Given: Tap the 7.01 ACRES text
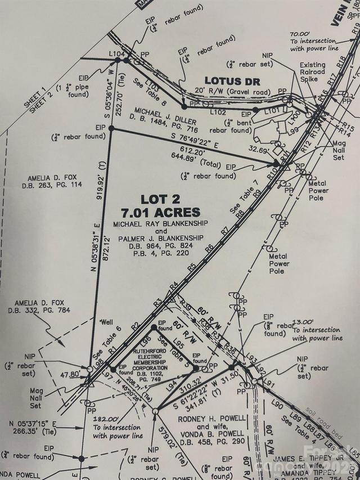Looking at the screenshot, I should click(x=160, y=212).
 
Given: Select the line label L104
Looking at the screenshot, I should click(x=116, y=53).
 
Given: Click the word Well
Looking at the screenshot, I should click(x=106, y=322).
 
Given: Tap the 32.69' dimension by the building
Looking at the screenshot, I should click(x=259, y=150).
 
